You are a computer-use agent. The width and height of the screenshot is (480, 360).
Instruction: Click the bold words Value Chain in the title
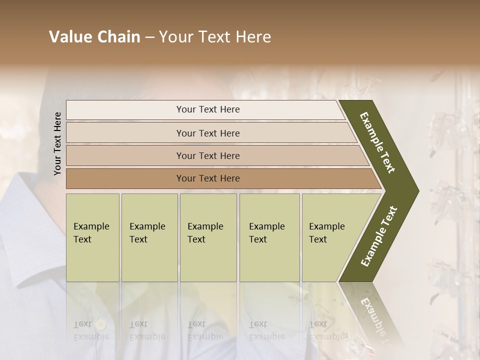94,37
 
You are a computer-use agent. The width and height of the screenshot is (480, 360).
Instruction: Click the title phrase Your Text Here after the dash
215,37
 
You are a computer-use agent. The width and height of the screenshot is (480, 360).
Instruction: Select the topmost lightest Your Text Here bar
207,109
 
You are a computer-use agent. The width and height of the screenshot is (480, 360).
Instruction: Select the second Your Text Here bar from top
207,133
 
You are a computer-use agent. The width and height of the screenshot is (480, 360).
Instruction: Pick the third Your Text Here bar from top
207,155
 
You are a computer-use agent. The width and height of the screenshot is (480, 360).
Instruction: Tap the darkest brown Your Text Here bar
207,178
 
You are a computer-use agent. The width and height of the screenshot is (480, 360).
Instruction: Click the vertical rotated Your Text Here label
57,143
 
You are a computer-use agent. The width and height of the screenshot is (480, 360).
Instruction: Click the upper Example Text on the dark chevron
378,142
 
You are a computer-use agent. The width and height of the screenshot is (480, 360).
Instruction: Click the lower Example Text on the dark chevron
379,236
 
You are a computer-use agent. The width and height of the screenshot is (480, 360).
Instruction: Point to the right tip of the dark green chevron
417,190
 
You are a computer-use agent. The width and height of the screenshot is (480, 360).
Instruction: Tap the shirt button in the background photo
101,324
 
